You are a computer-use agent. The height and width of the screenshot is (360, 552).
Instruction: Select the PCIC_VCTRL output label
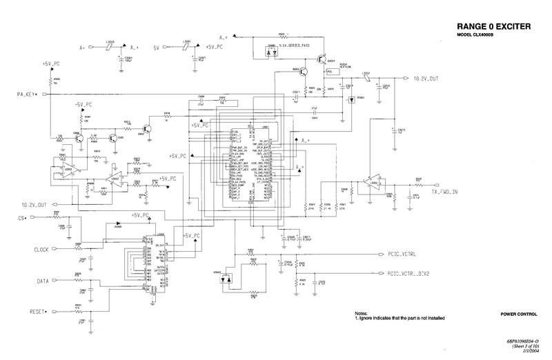[x=407, y=254]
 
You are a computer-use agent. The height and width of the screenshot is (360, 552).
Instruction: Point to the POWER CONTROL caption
[x=520, y=314]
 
